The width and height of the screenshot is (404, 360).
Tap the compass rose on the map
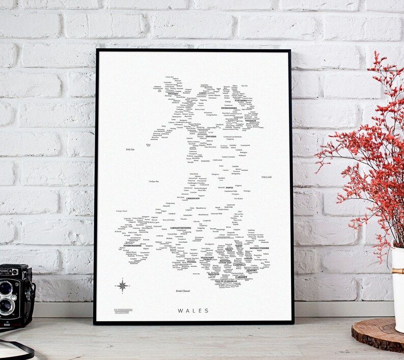[123, 286]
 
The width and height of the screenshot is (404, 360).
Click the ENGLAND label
[267, 177]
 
